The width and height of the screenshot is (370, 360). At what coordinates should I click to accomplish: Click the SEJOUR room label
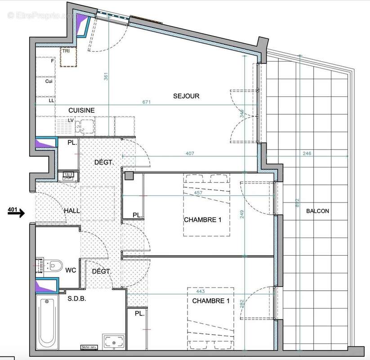point(186,96)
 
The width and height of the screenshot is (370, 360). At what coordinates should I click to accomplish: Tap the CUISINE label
point(81,110)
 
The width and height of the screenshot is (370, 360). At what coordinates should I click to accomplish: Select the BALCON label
point(317,211)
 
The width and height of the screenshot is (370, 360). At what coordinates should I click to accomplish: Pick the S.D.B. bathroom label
point(77,298)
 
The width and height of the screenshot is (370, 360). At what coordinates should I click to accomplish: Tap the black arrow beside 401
point(17,215)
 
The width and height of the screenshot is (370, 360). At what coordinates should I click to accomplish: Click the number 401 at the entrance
point(13,209)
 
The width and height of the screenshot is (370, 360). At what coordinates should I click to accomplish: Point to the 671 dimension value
point(147,103)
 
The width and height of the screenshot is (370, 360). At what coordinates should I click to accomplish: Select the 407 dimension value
point(189,153)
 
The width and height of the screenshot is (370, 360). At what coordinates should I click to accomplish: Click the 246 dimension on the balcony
point(307,153)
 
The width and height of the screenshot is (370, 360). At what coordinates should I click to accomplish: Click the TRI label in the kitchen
point(66,51)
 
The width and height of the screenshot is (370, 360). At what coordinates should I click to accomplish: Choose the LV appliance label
point(71,121)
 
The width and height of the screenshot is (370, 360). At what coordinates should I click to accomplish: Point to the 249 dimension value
point(241,215)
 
